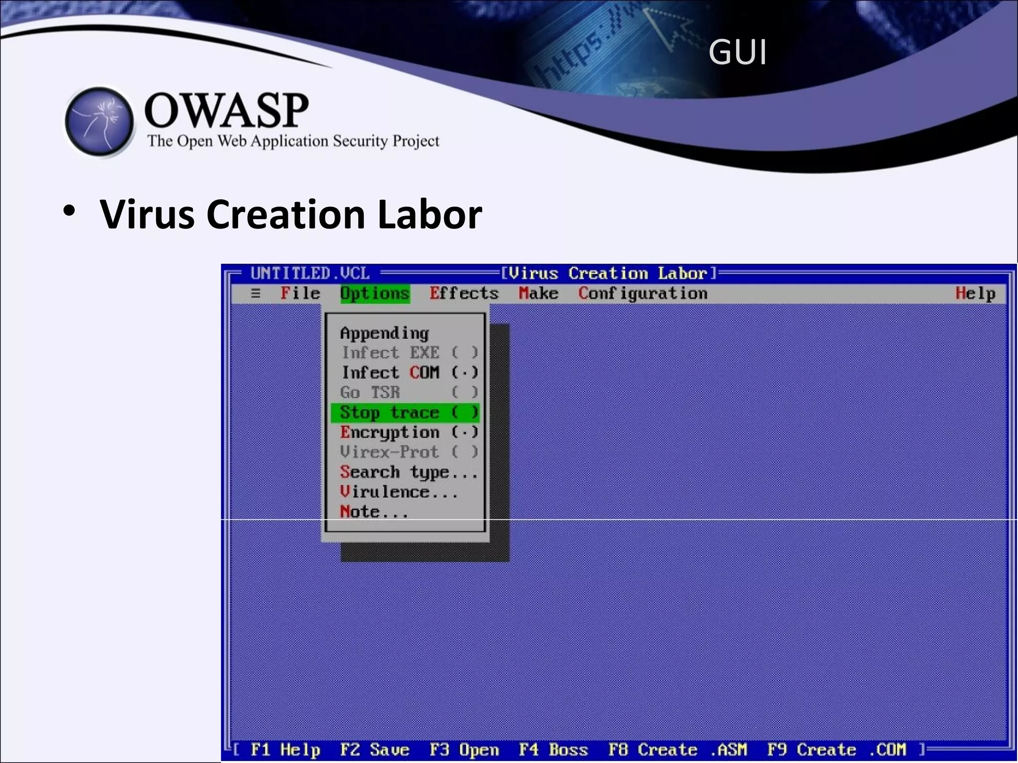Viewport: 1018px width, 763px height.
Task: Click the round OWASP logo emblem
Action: point(99,121)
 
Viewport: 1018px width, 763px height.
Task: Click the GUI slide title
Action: point(737,52)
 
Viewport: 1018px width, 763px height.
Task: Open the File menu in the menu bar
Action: point(300,294)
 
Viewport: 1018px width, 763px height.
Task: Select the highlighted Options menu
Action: point(375,294)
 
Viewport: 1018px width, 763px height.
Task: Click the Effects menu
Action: point(464,294)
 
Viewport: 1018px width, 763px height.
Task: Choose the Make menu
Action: point(538,294)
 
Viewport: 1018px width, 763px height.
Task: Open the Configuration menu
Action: point(643,294)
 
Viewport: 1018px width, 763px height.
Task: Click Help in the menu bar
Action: point(975,294)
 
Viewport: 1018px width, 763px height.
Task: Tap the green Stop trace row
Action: point(406,412)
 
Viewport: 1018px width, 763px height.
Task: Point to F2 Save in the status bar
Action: point(374,750)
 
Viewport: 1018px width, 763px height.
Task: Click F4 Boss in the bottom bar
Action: point(553,750)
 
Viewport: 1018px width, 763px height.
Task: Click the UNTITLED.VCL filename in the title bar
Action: point(310,273)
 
